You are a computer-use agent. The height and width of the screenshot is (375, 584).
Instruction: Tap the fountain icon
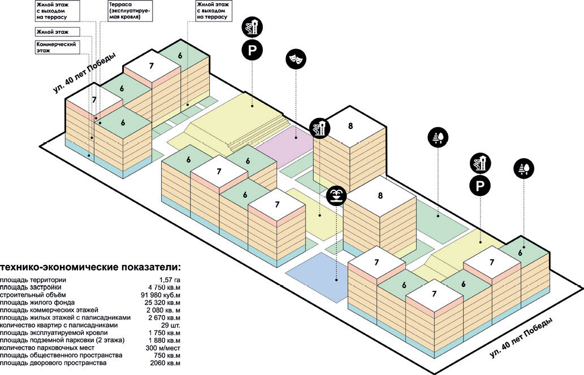pos(336,196)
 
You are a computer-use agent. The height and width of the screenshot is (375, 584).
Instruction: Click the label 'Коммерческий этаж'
pos(55,46)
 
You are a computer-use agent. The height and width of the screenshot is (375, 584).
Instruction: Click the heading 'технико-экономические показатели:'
pos(90,267)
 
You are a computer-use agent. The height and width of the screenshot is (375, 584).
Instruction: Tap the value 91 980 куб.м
pos(159,295)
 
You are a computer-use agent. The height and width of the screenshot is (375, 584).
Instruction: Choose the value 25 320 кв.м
pos(161,302)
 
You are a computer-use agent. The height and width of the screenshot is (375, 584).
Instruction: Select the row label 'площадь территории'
pos(33,280)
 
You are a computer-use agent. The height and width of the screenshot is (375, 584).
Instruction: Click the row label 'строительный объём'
pos(33,295)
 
